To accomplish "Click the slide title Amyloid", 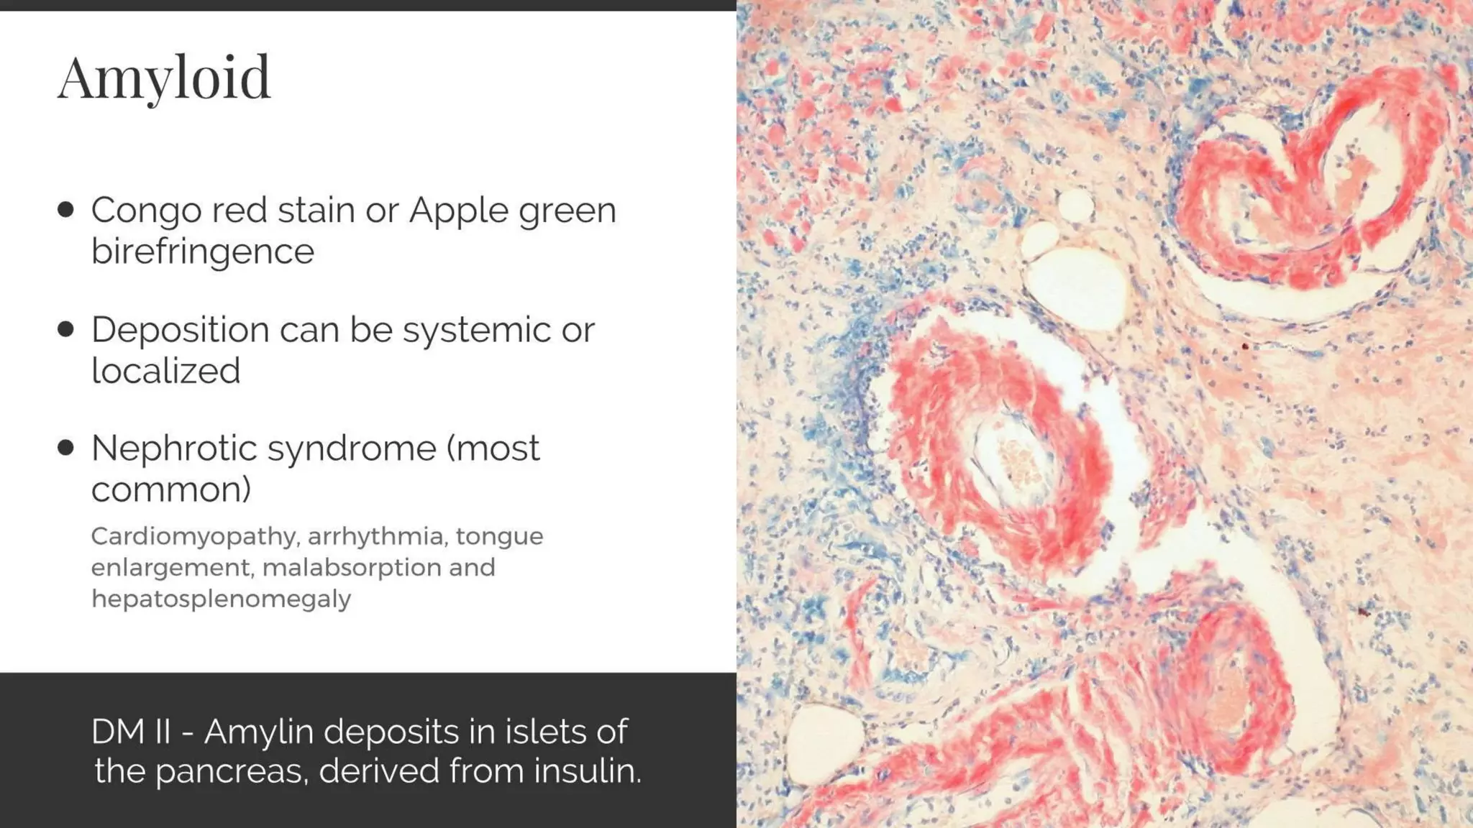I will pyautogui.click(x=164, y=78).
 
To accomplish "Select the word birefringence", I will pyautogui.click(x=203, y=252).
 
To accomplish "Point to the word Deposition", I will pyautogui.click(x=180, y=331).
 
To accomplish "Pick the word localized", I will pyautogui.click(x=165, y=371).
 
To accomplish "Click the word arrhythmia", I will pyautogui.click(x=375, y=536).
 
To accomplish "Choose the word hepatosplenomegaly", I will pyautogui.click(x=221, y=598).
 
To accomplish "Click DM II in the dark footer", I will pyautogui.click(x=130, y=732).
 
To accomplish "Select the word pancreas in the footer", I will pyautogui.click(x=231, y=771).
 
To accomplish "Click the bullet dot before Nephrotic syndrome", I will pyautogui.click(x=66, y=448).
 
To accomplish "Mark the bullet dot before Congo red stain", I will pyautogui.click(x=66, y=210).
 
